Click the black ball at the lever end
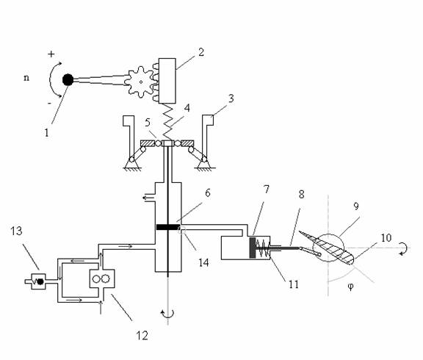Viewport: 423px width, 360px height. point(68,80)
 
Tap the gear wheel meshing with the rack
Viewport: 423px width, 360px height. point(140,82)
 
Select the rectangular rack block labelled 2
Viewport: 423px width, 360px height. point(167,81)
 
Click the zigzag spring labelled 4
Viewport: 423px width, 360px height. point(167,121)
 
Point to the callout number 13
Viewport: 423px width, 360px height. point(16,231)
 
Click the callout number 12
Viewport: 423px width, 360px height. point(142,336)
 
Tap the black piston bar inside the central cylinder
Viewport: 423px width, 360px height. point(168,227)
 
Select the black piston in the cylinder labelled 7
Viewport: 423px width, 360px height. point(253,248)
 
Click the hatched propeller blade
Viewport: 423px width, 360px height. point(326,247)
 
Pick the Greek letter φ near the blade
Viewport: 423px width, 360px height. point(350,287)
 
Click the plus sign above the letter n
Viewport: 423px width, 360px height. point(51,54)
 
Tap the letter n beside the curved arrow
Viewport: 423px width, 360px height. point(26,78)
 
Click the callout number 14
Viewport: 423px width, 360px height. point(203,262)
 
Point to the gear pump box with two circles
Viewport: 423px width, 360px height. point(102,278)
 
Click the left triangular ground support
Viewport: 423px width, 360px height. point(132,165)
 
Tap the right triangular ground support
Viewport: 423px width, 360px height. point(204,165)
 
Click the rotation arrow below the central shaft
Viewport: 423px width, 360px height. point(167,314)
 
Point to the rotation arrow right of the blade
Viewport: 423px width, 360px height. point(403,248)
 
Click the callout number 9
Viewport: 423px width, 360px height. point(356,206)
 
